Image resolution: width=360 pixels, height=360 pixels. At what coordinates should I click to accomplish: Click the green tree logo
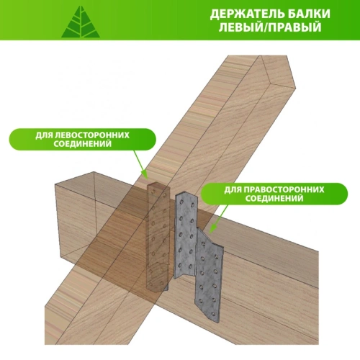click(x=81, y=22)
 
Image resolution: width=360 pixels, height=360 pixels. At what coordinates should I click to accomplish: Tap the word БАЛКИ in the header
click(x=309, y=14)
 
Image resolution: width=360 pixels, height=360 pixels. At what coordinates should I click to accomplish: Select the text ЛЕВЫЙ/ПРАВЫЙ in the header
click(x=270, y=27)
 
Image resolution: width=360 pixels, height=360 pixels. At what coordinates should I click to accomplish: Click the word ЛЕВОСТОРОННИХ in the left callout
click(x=92, y=135)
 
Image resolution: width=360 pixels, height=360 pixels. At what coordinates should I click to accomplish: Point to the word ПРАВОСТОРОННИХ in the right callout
click(x=284, y=189)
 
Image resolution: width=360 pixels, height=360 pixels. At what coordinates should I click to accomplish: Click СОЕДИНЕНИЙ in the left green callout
click(x=83, y=144)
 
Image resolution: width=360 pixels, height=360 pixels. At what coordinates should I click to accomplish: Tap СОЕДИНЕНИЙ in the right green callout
click(x=274, y=199)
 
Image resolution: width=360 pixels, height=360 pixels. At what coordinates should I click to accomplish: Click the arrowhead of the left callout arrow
click(x=145, y=175)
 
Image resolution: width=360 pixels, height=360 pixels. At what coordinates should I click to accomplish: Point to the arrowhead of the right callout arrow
click(x=212, y=229)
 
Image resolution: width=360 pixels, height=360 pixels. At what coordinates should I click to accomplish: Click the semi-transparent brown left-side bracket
click(x=158, y=236)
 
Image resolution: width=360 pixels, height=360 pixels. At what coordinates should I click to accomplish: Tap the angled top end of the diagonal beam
click(x=279, y=72)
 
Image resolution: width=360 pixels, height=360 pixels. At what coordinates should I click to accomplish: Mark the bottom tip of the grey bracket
click(x=219, y=322)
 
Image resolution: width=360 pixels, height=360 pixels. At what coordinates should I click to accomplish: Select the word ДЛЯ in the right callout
click(x=233, y=190)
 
